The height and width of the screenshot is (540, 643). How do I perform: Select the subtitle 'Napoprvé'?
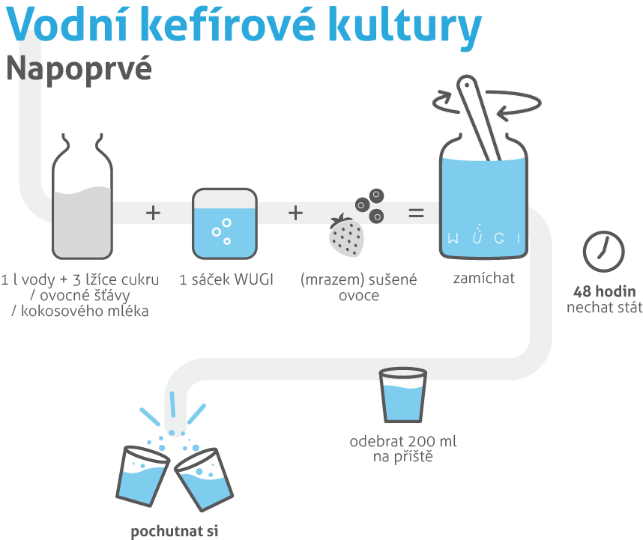(79, 69)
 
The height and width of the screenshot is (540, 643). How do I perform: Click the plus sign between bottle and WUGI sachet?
(153, 213)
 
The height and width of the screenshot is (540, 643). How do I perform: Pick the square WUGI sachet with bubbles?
(224, 221)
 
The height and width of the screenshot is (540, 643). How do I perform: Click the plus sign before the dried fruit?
(296, 213)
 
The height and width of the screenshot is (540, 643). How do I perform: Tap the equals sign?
(415, 213)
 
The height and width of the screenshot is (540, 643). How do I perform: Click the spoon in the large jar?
(480, 120)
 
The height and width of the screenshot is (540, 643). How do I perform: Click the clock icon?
(603, 249)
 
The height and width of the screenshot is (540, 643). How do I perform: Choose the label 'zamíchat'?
(483, 279)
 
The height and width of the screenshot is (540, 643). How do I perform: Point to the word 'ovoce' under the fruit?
(358, 295)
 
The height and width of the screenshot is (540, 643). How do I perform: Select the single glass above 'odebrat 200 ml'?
(402, 397)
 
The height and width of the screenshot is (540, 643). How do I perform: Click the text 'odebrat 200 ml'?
(403, 442)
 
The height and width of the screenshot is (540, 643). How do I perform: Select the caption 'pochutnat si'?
(174, 533)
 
